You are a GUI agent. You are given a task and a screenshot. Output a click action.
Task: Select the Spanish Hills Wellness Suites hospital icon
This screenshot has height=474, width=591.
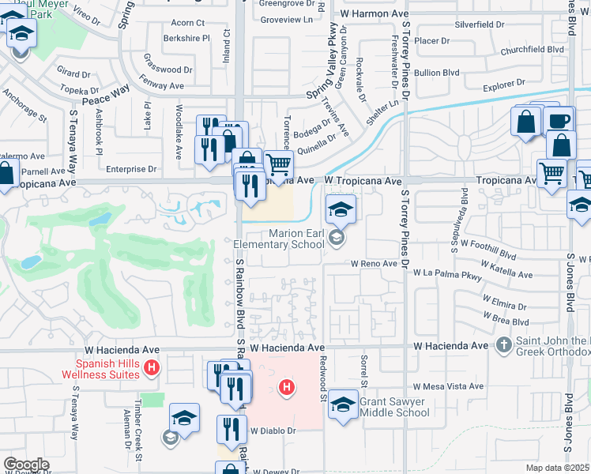(x=153, y=368)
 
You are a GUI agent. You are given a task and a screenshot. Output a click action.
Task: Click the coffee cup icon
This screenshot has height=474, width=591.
(x=559, y=121)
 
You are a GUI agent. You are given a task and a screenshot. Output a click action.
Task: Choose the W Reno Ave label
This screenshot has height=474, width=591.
(x=374, y=263)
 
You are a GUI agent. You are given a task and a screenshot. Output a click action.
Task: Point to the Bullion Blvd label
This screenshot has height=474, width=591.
(x=439, y=73)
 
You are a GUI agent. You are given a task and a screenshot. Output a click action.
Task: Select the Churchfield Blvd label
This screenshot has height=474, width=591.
(x=533, y=50)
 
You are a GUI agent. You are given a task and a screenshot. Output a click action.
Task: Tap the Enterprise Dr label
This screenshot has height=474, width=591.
(x=131, y=169)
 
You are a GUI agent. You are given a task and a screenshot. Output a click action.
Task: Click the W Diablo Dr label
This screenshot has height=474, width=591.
(x=273, y=431)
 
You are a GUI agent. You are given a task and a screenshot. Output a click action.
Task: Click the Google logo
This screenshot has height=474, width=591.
(x=26, y=465)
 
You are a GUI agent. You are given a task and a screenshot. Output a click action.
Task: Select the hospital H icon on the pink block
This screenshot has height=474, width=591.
(x=288, y=387)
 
